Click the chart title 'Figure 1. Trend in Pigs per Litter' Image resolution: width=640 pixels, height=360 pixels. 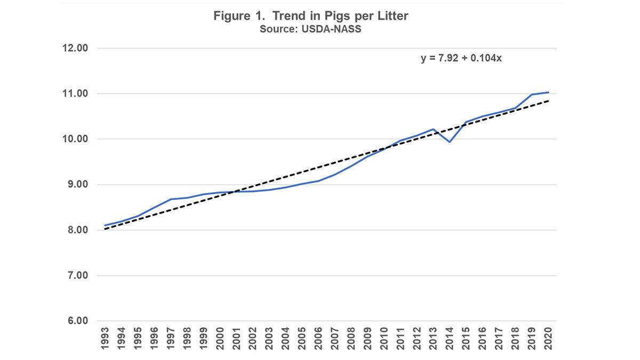tap(311, 16)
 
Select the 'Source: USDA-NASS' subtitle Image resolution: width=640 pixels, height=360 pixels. tap(310, 29)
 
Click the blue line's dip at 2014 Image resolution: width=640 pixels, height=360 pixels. tap(450, 142)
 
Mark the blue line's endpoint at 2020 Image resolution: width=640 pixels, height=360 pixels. tap(548, 92)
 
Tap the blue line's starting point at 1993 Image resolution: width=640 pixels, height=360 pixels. tap(105, 226)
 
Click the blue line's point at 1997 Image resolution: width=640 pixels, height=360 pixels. tap(171, 199)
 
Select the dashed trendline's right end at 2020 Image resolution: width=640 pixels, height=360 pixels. tap(548, 101)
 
